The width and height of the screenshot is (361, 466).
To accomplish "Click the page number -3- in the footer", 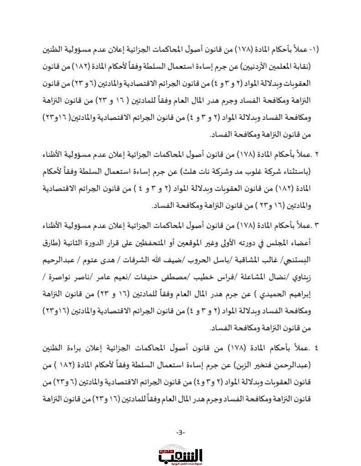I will point(180,432).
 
